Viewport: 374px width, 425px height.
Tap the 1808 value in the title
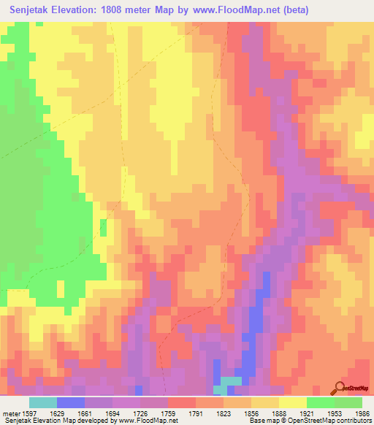pos(118,9)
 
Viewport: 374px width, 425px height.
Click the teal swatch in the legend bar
pos(43,402)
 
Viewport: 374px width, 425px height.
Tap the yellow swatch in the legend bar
pos(292,402)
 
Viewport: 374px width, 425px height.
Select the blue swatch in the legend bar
pos(71,402)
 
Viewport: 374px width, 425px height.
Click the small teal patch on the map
pos(231,382)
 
